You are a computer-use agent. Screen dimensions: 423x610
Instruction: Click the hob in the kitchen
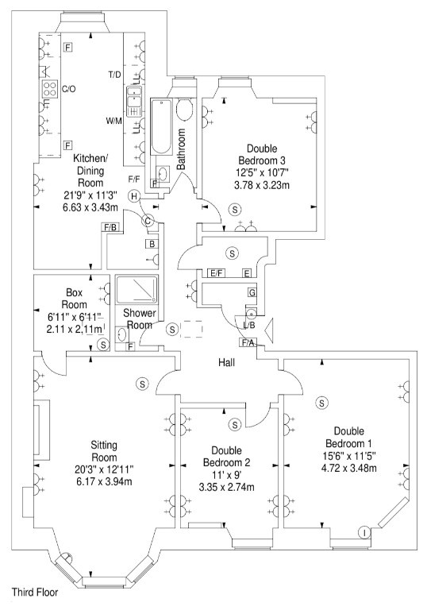click(x=48, y=88)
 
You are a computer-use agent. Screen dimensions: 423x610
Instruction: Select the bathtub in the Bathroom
click(x=161, y=127)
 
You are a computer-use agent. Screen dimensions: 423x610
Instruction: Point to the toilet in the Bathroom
click(x=185, y=108)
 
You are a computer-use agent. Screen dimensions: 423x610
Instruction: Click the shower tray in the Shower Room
click(x=137, y=288)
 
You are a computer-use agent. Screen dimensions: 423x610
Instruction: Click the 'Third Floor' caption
click(x=35, y=593)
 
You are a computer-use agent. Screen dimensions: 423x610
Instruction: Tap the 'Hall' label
click(x=226, y=363)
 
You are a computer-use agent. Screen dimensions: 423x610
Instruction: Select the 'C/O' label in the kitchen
click(x=69, y=89)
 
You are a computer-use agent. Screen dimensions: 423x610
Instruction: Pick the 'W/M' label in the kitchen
click(x=114, y=121)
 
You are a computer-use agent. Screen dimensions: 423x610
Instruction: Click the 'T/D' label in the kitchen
click(x=115, y=75)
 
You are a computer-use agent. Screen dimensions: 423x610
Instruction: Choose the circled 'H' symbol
click(x=134, y=196)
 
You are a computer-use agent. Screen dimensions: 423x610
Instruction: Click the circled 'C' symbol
click(x=148, y=222)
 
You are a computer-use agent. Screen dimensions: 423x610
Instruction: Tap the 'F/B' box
click(x=110, y=227)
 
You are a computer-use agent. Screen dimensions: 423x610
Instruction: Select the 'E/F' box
click(x=216, y=273)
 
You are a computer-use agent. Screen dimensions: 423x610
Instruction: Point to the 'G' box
click(x=252, y=292)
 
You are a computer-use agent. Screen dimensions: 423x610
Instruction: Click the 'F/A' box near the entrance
click(x=248, y=343)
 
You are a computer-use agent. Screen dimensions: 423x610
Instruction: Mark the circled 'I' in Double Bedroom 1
click(x=364, y=532)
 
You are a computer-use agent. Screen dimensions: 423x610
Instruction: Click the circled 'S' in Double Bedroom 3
click(x=235, y=210)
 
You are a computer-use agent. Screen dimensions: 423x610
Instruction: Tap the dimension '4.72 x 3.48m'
click(x=348, y=468)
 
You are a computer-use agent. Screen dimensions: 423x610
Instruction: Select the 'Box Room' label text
click(x=74, y=298)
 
